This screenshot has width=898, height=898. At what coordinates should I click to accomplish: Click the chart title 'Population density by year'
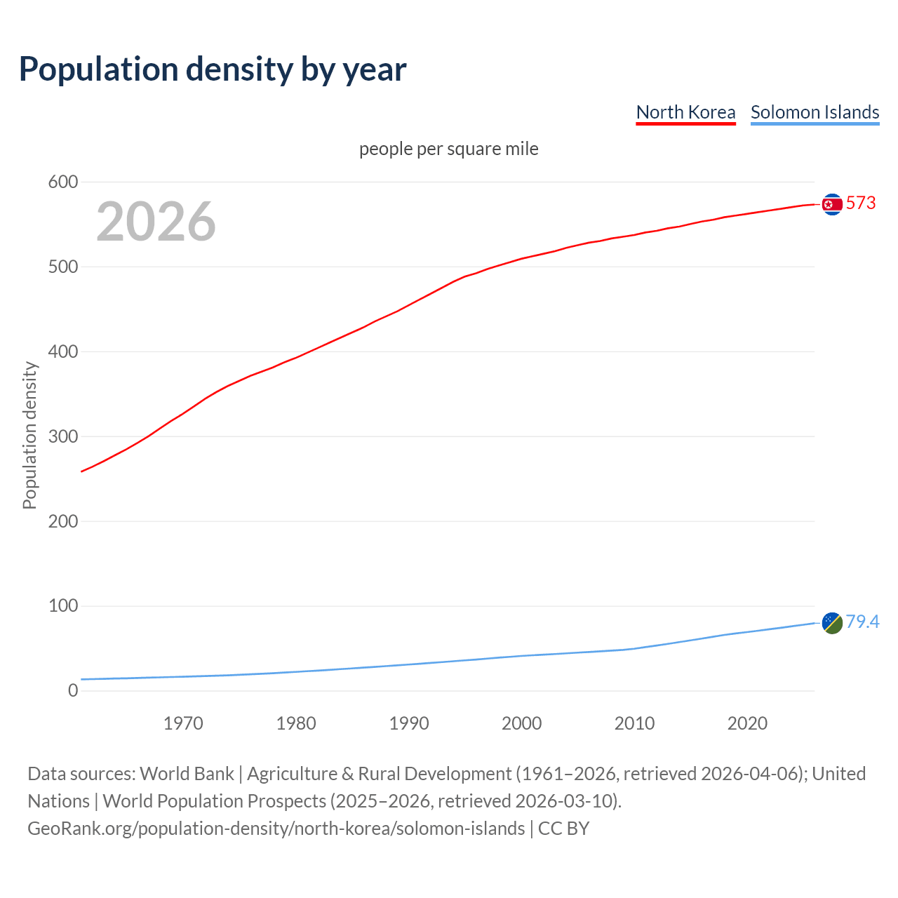click(x=213, y=69)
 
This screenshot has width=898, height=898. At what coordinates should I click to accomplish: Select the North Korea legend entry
click(x=685, y=112)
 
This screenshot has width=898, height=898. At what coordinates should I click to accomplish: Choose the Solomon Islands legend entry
click(x=815, y=112)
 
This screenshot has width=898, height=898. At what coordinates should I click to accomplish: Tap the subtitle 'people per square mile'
click(x=448, y=149)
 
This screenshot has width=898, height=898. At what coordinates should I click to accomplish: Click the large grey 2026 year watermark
click(x=156, y=222)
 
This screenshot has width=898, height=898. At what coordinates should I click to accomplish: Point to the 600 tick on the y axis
click(x=62, y=182)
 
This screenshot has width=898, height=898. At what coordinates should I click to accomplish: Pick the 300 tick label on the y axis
click(x=62, y=436)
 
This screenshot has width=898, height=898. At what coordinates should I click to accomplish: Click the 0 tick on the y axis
click(x=73, y=691)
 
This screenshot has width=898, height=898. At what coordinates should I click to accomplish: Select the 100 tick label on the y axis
click(x=62, y=606)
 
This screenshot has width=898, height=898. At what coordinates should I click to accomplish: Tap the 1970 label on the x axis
click(x=183, y=723)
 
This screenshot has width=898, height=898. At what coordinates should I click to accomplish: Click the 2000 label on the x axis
click(x=521, y=723)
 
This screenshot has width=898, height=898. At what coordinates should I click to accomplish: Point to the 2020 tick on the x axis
click(x=747, y=723)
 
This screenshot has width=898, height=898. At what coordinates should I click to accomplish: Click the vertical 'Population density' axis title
click(x=29, y=435)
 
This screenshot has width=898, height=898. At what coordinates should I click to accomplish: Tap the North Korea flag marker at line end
click(x=832, y=204)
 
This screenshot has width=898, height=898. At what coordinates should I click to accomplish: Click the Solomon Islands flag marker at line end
click(x=832, y=622)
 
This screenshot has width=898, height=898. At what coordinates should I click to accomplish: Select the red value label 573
click(x=861, y=203)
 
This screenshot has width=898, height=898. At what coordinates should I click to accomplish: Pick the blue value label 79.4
click(x=862, y=622)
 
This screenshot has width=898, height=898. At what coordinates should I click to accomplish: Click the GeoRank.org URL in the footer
click(x=276, y=829)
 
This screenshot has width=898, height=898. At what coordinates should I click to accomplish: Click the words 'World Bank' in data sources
click(x=187, y=774)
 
